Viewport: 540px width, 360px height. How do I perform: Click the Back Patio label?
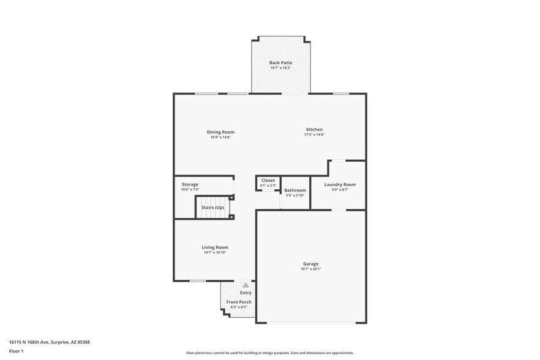point(280,62)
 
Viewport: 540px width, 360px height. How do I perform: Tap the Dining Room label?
point(220,132)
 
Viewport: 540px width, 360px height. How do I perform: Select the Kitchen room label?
point(314,129)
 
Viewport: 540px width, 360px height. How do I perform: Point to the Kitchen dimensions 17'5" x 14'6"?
point(314,135)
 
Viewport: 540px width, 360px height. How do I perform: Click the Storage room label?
point(190,184)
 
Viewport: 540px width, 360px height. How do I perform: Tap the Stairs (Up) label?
point(213,208)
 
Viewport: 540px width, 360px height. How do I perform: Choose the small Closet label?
point(268,180)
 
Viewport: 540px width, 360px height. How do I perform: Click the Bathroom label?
point(294,190)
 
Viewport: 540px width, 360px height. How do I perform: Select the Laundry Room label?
point(340,184)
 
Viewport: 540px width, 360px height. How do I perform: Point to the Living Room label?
point(215,247)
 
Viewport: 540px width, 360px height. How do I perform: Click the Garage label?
point(310,263)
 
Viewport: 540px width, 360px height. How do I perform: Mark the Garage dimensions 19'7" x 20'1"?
point(310,269)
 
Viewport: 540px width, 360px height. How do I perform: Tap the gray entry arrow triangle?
point(246,285)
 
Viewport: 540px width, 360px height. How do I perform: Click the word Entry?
point(246,293)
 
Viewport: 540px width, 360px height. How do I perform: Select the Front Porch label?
point(239,302)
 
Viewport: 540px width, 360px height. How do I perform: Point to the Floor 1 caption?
point(16,351)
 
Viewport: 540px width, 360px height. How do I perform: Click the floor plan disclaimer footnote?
point(269,353)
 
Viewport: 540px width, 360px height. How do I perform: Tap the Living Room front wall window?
point(197,280)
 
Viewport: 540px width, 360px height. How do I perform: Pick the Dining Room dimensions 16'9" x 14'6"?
point(220,137)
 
